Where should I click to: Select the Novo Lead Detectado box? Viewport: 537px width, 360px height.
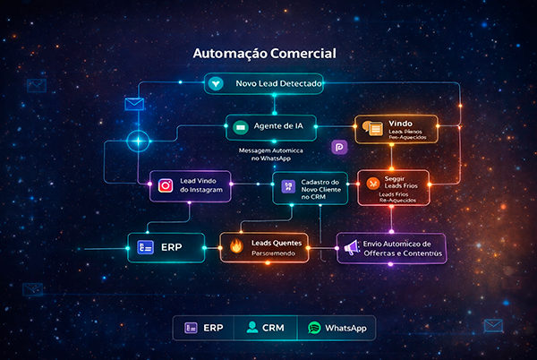point(263,83)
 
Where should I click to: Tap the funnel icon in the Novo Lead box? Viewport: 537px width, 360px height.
point(216,83)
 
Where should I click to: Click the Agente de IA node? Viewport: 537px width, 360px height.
point(271,127)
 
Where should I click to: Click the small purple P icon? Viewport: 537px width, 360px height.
point(338,147)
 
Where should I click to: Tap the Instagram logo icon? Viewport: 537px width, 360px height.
point(165,186)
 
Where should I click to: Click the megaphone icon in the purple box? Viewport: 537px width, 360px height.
point(351,246)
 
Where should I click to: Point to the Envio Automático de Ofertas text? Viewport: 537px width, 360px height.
point(401,247)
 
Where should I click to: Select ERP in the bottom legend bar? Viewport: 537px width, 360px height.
point(203,328)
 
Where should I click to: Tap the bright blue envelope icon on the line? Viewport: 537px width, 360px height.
point(134,104)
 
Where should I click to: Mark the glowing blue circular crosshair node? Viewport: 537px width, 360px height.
point(138,141)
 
